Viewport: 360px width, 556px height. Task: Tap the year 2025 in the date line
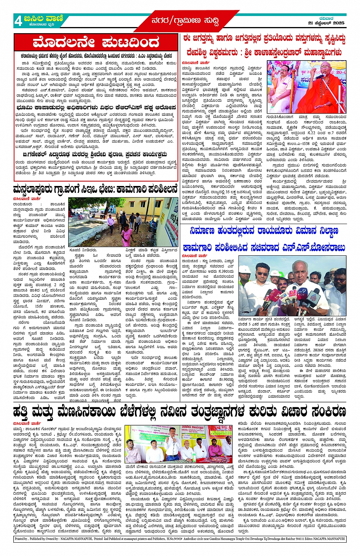point(338,23)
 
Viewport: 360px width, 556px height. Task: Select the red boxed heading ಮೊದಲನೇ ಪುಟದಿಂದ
point(95,43)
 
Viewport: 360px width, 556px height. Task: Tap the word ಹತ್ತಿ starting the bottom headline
point(24,412)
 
